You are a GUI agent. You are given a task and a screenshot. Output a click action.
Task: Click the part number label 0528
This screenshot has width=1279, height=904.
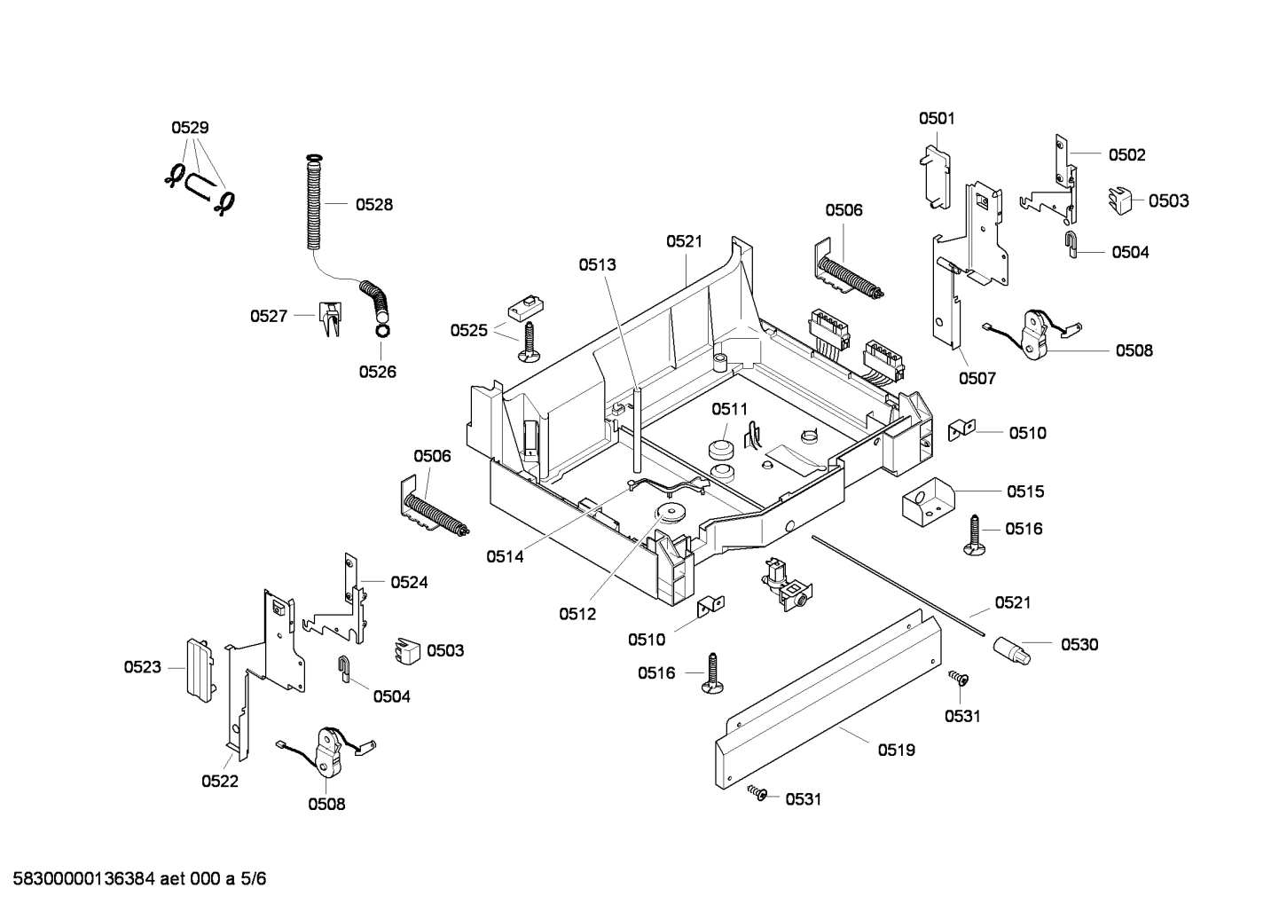tap(373, 205)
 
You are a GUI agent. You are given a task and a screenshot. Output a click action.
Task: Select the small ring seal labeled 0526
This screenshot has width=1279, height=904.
tap(381, 331)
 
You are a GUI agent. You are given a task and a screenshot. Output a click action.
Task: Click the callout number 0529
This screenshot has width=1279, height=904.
tap(190, 128)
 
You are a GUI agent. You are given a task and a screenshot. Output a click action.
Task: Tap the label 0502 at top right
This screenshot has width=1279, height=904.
tap(1126, 154)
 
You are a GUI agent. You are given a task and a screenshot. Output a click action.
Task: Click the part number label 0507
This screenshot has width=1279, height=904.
tap(977, 379)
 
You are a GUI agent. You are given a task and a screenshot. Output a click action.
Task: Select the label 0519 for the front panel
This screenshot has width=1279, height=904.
tap(897, 751)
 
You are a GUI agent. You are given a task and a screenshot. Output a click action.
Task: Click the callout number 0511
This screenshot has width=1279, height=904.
tap(729, 409)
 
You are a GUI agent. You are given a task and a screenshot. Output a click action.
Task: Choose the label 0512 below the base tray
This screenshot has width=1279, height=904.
tap(577, 614)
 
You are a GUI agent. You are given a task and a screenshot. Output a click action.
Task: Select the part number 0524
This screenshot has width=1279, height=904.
tap(409, 583)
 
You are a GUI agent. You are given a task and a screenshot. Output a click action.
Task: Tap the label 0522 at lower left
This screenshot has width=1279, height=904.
tap(220, 782)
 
